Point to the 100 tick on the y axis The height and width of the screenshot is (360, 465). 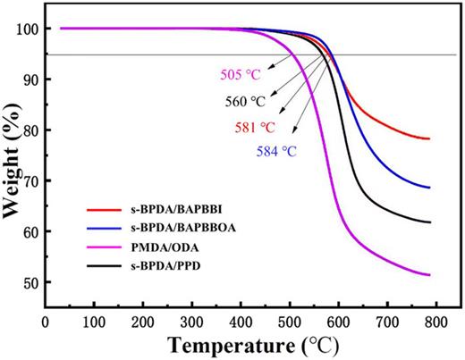tap(30, 29)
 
